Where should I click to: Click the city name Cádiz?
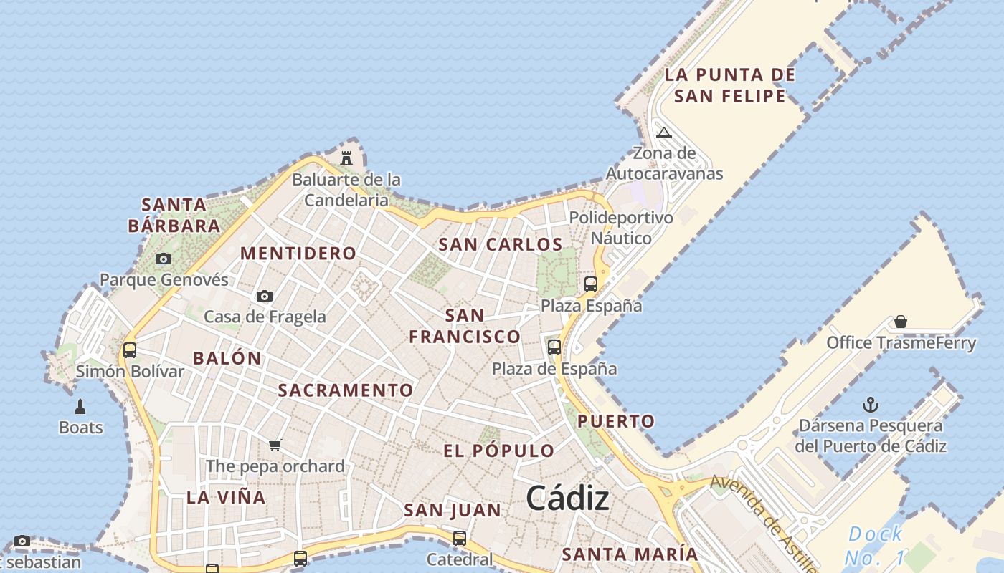pos(567,499)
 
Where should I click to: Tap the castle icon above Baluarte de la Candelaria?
pos(346,158)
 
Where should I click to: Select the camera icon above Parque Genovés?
pos(164,259)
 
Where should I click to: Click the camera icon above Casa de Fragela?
pos(265,296)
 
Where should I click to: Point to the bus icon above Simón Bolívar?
pos(130,350)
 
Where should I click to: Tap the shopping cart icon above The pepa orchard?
pos(275,445)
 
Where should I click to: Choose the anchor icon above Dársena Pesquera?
pos(871,405)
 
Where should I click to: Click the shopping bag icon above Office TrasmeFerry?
pos(901,322)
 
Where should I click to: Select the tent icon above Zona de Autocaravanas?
pos(664,133)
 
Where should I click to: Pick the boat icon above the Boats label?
pos(80,407)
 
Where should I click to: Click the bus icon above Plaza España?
pos(591,284)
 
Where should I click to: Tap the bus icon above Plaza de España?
pos(554,347)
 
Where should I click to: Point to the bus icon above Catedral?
pos(460,538)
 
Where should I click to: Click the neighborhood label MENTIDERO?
pos(298,253)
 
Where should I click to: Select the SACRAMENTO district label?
pos(346,390)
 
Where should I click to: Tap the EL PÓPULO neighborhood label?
pos(499,451)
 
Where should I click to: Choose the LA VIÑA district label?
pos(226,497)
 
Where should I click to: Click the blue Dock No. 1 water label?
pos(874,545)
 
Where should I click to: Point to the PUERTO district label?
pos(616,421)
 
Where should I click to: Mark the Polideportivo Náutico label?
pos(621,228)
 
